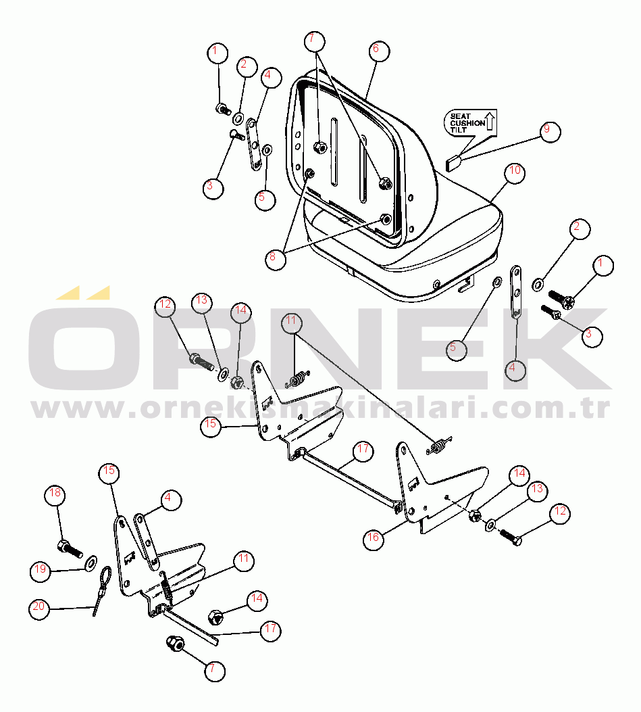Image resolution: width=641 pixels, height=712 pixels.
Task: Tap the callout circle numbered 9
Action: coord(550,130)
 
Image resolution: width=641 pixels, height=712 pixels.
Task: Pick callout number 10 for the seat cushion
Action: coord(515,172)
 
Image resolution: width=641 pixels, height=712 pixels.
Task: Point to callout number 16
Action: coord(374,538)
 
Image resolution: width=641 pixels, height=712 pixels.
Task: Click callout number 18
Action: coord(55,495)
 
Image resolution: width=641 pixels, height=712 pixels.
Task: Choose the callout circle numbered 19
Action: coord(41,570)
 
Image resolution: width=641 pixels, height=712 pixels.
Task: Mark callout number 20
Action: coord(39,608)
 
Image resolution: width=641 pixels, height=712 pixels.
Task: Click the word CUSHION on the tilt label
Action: coord(467,123)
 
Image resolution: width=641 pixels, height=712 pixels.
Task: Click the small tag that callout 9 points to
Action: coord(454,162)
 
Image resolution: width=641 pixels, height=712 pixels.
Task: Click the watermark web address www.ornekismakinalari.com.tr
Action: coord(320,409)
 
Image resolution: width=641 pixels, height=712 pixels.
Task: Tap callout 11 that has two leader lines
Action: coord(290,322)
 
